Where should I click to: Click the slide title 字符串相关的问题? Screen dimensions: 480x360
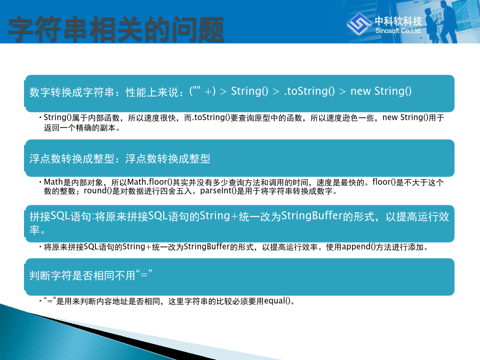[x=116, y=29]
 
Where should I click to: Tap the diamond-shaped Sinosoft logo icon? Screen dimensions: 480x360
[x=359, y=23]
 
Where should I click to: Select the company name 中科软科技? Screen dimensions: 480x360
[x=398, y=21]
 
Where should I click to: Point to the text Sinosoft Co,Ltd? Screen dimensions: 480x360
[x=398, y=30]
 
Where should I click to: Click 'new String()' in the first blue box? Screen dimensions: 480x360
[x=381, y=91]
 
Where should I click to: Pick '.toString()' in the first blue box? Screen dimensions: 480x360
[x=309, y=91]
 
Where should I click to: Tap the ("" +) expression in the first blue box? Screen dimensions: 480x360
[x=203, y=91]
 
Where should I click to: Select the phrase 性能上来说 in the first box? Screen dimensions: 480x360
[x=152, y=92]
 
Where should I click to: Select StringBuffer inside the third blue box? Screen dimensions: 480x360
[x=311, y=216]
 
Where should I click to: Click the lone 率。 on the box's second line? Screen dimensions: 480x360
[x=37, y=229]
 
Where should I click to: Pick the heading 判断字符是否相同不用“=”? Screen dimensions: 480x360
[x=91, y=275]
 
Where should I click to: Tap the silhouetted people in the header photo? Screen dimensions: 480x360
[x=441, y=21]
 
